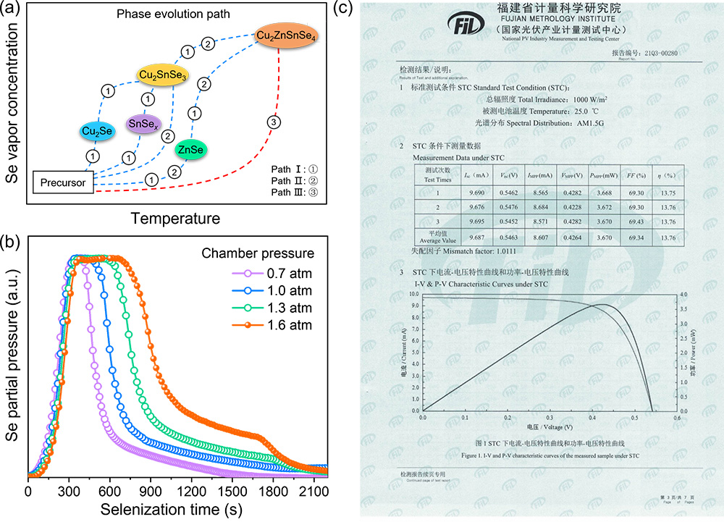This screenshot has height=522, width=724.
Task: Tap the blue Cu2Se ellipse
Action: (x=97, y=130)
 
